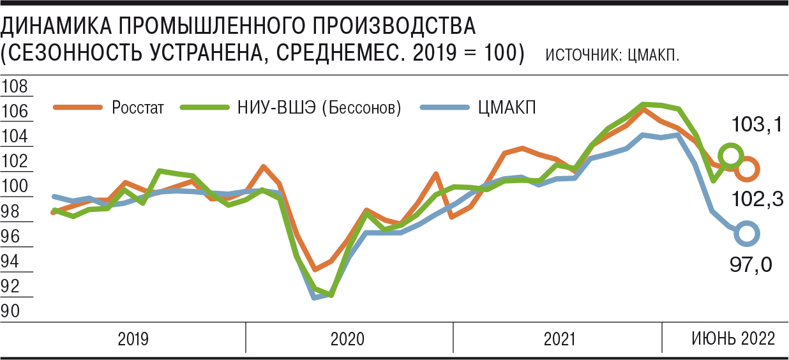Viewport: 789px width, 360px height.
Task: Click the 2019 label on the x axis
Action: pos(133,338)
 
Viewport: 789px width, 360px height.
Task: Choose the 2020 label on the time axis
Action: pos(347,338)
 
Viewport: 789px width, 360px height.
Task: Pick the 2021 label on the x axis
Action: pos(560,338)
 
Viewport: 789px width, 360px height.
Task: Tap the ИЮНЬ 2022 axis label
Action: pos(733,338)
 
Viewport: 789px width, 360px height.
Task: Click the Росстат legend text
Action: pos(138,108)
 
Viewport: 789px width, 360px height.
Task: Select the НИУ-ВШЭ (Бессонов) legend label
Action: pos(319,108)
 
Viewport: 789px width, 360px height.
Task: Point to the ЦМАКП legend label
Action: pos(507,107)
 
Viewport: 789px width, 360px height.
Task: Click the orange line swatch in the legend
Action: pos(78,108)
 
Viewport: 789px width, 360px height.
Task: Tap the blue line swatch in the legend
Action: pos(445,107)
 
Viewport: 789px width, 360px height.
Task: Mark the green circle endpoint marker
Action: pos(730,155)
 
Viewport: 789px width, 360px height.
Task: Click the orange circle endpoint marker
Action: pos(747,169)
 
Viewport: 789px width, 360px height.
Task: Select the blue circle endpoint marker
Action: pos(746,234)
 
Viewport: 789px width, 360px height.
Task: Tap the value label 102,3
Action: pos(758,199)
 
